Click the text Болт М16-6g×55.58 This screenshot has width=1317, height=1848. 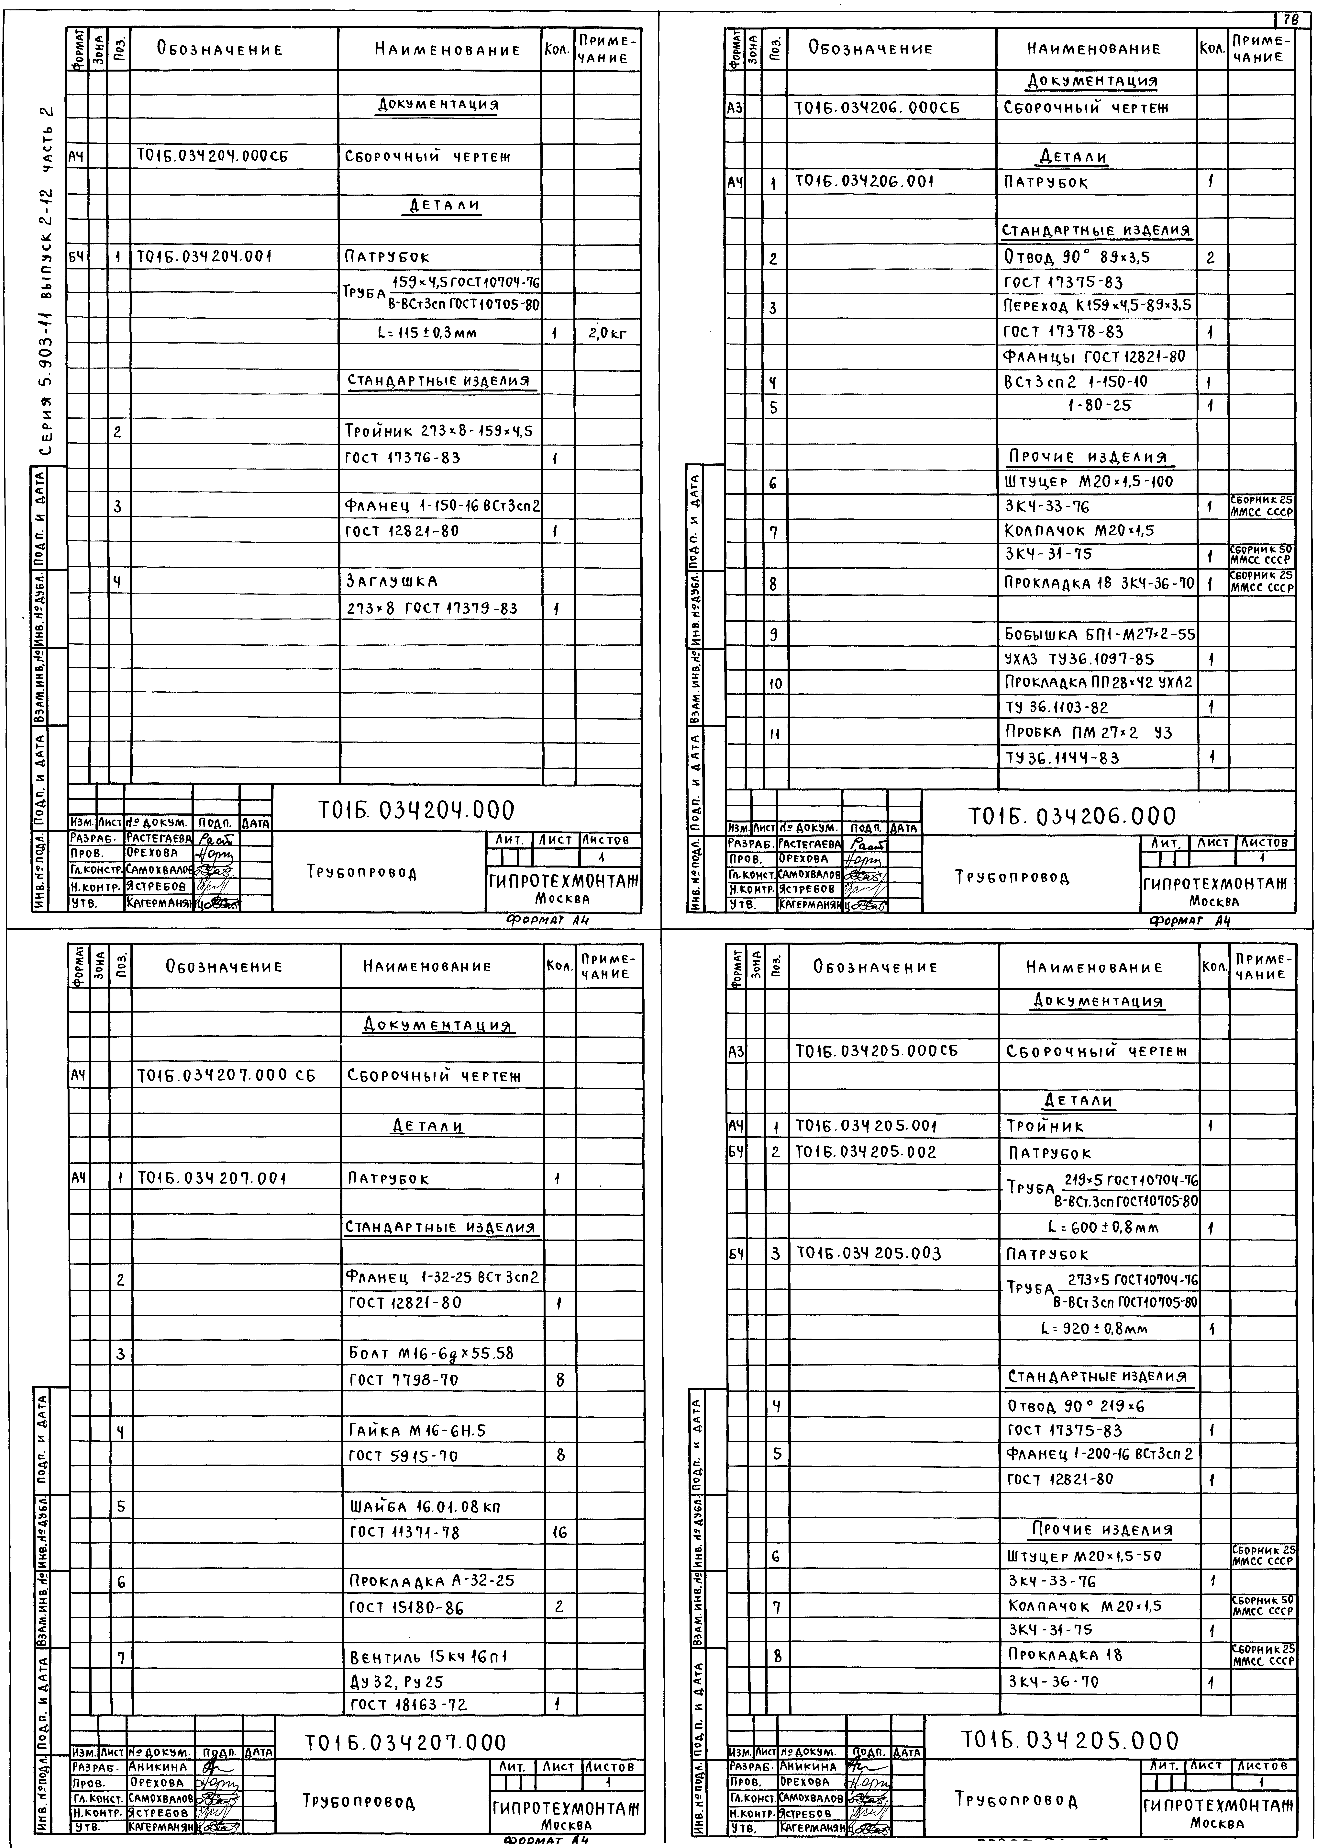pos(431,1353)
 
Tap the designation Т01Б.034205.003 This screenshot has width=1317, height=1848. pos(868,1254)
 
